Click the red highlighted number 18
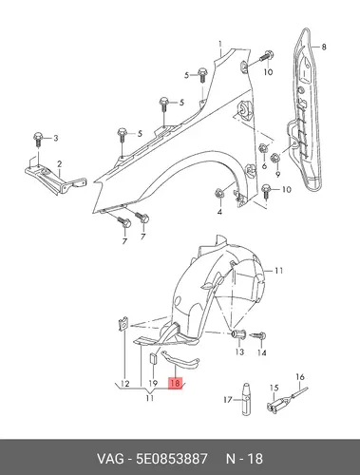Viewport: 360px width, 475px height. (x=175, y=383)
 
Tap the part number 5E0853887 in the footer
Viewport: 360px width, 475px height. (x=172, y=459)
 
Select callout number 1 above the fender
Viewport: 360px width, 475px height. (x=220, y=44)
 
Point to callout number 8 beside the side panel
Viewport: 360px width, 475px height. (x=324, y=47)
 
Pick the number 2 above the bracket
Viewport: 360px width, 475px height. (x=60, y=164)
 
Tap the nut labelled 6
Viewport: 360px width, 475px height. (x=263, y=148)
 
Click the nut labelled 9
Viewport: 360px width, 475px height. (x=275, y=157)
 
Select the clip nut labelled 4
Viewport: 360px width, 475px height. (x=218, y=193)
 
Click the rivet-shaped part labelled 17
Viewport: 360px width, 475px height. (x=247, y=398)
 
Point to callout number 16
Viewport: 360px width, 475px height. (x=300, y=377)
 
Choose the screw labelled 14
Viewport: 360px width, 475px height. (x=259, y=336)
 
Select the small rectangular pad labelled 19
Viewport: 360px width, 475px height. (x=153, y=359)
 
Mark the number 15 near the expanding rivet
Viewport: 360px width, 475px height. (x=274, y=388)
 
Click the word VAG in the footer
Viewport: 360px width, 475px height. (x=110, y=459)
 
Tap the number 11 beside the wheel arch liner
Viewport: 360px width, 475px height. (x=278, y=271)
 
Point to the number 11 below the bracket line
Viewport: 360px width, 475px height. (x=150, y=397)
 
